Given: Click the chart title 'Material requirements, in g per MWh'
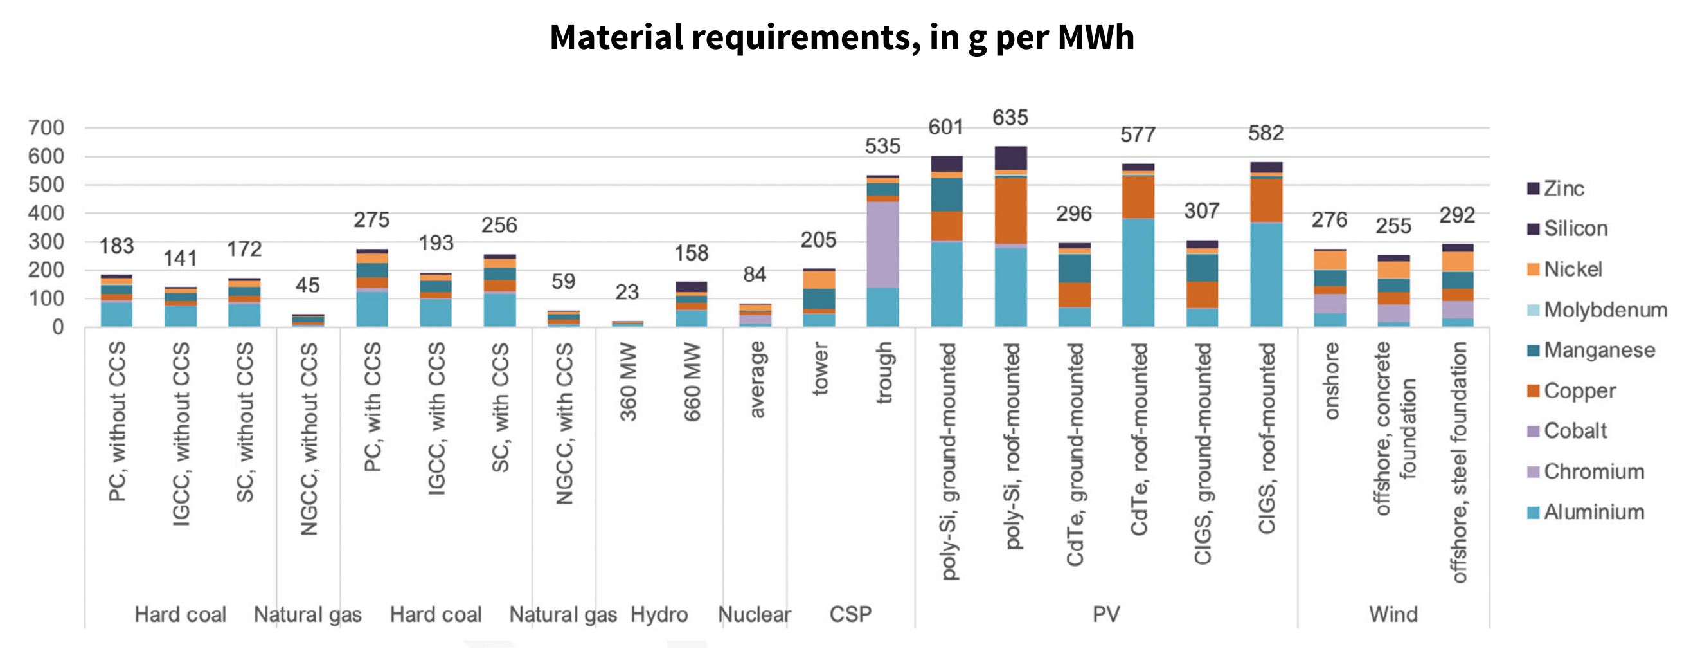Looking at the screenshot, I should pyautogui.click(x=841, y=38).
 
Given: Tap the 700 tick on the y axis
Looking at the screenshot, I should pyautogui.click(x=46, y=127).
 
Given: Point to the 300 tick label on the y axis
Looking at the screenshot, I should pyautogui.click(x=46, y=242).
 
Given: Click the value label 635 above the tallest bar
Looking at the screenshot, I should pyautogui.click(x=1010, y=118).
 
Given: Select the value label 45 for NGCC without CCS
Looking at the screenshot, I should pyautogui.click(x=307, y=285).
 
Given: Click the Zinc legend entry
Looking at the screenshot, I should pyautogui.click(x=1563, y=189).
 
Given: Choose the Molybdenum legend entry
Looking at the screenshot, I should pyautogui.click(x=1604, y=309).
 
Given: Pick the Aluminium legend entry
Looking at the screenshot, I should pyautogui.click(x=1593, y=513).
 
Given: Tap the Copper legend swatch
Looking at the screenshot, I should pyautogui.click(x=1533, y=391).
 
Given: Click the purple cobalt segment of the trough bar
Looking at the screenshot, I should pyautogui.click(x=882, y=244).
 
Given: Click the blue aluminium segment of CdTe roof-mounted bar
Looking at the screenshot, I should pyautogui.click(x=1138, y=272).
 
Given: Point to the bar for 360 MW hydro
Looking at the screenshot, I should pyautogui.click(x=627, y=324).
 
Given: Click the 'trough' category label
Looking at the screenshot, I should pyautogui.click(x=884, y=372).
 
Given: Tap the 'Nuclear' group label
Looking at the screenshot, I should pyautogui.click(x=754, y=615).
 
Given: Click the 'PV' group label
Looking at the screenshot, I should pyautogui.click(x=1106, y=615).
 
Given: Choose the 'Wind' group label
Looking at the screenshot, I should pyautogui.click(x=1393, y=615).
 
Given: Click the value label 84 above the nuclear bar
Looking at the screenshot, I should pyautogui.click(x=755, y=275).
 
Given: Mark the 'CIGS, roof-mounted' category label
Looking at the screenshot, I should pyautogui.click(x=1266, y=439).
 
